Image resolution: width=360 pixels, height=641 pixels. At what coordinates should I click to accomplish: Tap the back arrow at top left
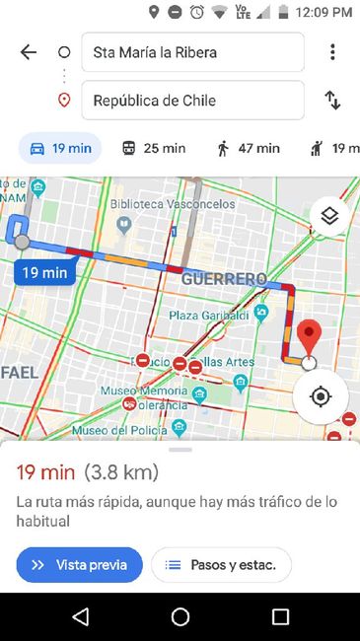(x=29, y=52)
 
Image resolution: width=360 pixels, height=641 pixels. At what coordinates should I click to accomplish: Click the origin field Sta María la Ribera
(x=192, y=52)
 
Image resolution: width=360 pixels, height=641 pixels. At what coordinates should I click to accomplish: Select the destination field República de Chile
(x=192, y=100)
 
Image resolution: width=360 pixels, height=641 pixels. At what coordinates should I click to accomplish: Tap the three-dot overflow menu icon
(x=333, y=52)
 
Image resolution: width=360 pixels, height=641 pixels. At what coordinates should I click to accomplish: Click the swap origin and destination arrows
(x=333, y=100)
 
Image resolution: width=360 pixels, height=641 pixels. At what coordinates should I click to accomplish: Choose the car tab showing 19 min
(x=61, y=148)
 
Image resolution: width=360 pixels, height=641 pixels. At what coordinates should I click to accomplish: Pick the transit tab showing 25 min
(x=153, y=148)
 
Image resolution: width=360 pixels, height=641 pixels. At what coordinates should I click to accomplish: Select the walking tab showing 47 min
(x=248, y=148)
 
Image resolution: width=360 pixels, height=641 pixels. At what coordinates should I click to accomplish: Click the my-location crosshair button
(x=320, y=396)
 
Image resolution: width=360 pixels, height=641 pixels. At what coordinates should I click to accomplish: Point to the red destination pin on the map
(x=311, y=338)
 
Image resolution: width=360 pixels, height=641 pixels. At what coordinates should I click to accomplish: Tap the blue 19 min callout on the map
(x=45, y=272)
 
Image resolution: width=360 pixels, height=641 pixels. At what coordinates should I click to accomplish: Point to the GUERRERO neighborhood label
(x=224, y=279)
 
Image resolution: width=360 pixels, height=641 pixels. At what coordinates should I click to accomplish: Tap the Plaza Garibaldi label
(x=209, y=315)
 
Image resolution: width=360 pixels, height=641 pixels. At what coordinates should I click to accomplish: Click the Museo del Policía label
(x=118, y=429)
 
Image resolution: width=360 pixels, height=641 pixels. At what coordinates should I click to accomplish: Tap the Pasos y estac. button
(x=222, y=565)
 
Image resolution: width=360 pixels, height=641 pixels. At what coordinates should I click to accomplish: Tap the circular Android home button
(x=180, y=617)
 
